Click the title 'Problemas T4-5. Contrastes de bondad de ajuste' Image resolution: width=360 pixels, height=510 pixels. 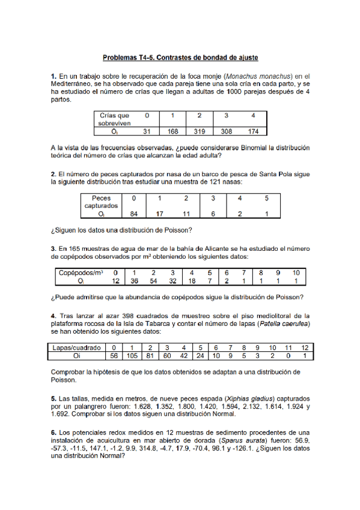point(180,58)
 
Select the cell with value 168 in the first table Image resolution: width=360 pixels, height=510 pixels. point(172,131)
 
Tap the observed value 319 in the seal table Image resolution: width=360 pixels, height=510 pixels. point(199,131)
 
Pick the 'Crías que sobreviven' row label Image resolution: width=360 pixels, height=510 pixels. point(114,118)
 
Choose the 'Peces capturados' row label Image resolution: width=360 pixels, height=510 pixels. point(100,201)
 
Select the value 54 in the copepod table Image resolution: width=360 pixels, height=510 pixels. point(153,280)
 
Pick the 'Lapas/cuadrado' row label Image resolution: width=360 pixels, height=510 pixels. point(75,348)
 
